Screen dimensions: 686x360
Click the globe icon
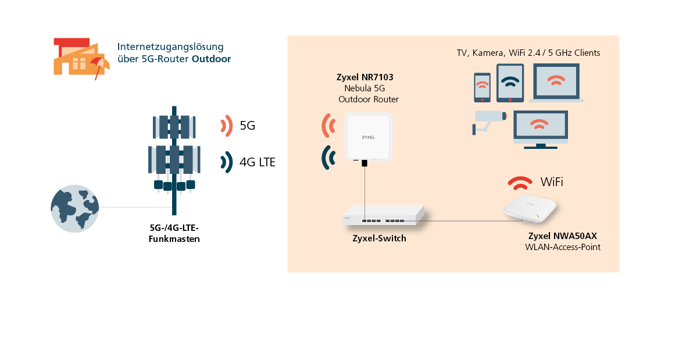point(74,208)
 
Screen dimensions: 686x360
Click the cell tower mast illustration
point(174,160)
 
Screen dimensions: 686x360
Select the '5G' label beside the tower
point(247,126)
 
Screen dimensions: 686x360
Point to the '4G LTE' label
point(257,162)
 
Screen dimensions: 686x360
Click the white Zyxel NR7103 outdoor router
point(368,137)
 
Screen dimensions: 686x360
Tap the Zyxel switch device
point(383,215)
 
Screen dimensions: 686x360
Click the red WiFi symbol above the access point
point(520,183)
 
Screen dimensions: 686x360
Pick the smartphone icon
point(482,87)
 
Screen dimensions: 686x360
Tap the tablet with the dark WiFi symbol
point(510,83)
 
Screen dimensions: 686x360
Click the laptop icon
point(556,83)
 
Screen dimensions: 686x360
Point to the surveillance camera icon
point(489,122)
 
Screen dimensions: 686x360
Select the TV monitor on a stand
point(541,130)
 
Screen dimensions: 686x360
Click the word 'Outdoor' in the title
point(211,59)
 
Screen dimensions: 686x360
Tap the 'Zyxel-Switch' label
point(379,238)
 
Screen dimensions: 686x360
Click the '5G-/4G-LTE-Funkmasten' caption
point(174,233)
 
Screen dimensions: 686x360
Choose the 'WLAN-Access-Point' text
point(563,247)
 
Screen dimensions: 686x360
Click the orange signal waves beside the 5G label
point(227,126)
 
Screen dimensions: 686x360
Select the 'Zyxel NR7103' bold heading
point(365,77)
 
